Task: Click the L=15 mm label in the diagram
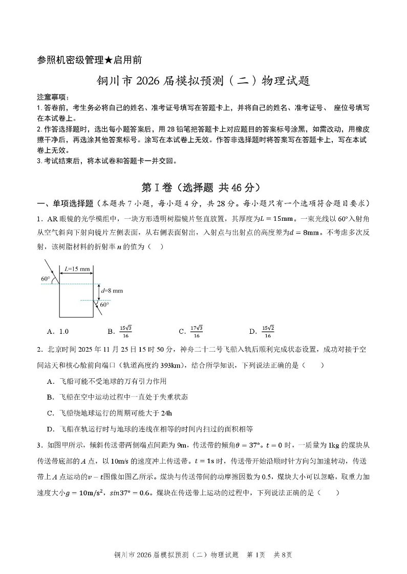click(x=76, y=268)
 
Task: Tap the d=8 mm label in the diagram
click(x=112, y=291)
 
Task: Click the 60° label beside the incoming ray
click(x=46, y=279)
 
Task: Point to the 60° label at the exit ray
click(x=104, y=305)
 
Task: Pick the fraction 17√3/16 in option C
click(x=197, y=331)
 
